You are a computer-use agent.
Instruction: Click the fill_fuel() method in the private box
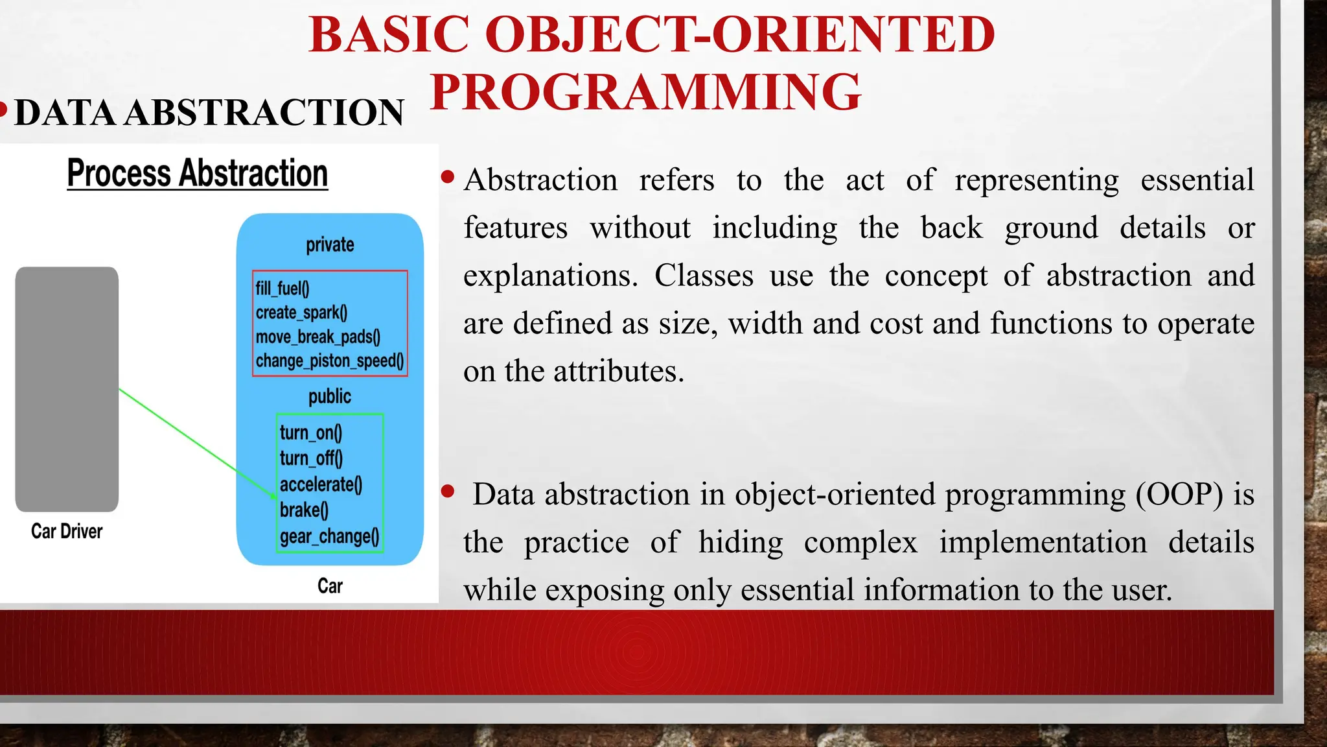tap(283, 289)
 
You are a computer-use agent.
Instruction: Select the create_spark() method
tap(301, 313)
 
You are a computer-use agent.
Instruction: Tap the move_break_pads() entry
tap(317, 337)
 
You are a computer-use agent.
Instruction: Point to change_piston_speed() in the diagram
tap(329, 361)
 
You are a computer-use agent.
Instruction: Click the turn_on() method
tap(311, 433)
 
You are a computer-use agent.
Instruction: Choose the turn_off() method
tap(311, 458)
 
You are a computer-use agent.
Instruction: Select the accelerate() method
tap(321, 484)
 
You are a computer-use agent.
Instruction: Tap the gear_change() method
tap(329, 536)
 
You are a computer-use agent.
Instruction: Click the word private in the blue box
tap(330, 244)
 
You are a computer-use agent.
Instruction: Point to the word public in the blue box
tap(330, 396)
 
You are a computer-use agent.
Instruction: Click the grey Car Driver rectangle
tap(67, 389)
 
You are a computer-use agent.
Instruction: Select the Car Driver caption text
tap(67, 531)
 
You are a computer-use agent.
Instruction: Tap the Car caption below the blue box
tap(330, 586)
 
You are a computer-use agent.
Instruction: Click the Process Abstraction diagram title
tap(198, 174)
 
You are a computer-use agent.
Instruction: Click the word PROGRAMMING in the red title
tap(645, 92)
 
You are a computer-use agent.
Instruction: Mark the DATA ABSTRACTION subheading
tap(209, 113)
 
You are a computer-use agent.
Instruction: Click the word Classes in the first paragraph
tap(704, 276)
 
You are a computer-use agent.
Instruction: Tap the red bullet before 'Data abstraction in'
tap(447, 492)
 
